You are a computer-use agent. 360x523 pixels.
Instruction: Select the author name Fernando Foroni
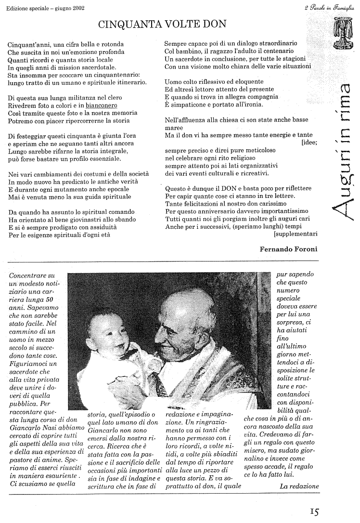tap(289, 248)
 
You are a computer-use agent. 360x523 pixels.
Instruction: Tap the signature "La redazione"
tap(299, 486)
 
